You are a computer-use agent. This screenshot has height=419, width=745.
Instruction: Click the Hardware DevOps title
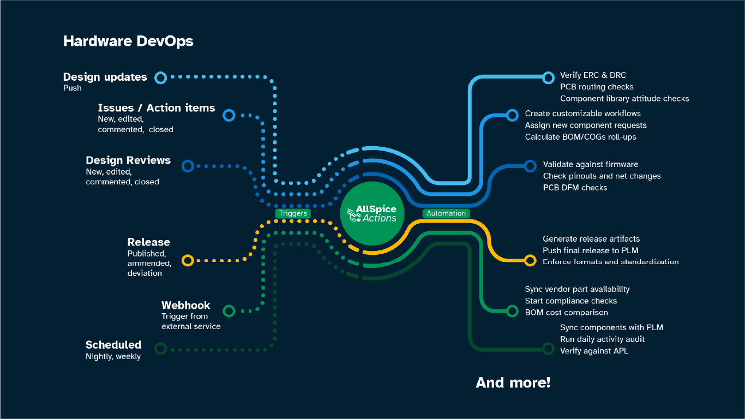[x=128, y=41]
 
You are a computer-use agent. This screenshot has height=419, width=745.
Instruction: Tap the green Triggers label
[x=293, y=213]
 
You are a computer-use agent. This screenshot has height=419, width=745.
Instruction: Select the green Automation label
[x=446, y=213]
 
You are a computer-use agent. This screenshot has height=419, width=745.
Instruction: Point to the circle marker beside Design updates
[x=160, y=77]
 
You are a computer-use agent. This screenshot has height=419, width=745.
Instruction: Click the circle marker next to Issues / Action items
[x=229, y=115]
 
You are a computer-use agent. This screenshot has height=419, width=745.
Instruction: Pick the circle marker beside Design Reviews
[x=188, y=166]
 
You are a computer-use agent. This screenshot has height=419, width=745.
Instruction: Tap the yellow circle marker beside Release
[x=188, y=260]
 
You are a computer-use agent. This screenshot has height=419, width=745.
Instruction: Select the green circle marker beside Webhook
[x=229, y=311]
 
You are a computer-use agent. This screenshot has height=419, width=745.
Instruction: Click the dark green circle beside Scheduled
[x=160, y=348]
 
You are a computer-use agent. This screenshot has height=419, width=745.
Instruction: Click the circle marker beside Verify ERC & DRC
[x=548, y=77]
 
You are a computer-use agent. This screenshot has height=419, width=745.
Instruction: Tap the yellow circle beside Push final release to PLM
[x=530, y=260]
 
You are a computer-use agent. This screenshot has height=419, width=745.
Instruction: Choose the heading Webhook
[x=185, y=306]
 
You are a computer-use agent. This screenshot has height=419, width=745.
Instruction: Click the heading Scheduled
[x=113, y=345]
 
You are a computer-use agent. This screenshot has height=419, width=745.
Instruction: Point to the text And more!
[x=513, y=382]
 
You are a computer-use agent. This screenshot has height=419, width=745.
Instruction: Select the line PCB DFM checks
[x=575, y=188]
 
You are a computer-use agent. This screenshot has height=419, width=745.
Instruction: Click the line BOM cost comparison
[x=566, y=313]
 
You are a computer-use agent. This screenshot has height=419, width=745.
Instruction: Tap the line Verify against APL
[x=594, y=351]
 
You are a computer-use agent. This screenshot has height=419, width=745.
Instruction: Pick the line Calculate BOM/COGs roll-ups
[x=580, y=137]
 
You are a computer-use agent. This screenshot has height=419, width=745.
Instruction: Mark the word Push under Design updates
[x=73, y=88]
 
